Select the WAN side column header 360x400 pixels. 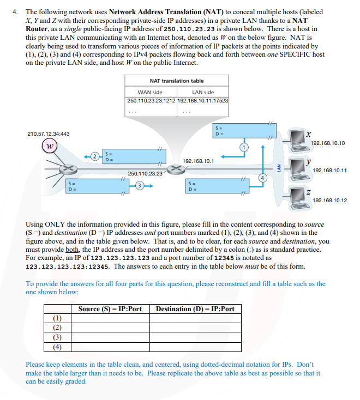click(x=151, y=92)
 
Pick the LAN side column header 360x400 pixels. click(x=203, y=92)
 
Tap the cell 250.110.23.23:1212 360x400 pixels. click(x=152, y=101)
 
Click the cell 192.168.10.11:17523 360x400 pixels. click(x=203, y=101)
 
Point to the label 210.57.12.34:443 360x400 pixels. click(x=49, y=134)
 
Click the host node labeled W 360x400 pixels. click(x=50, y=147)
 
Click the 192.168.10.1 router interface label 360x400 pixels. click(x=198, y=161)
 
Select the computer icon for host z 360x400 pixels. click(x=297, y=195)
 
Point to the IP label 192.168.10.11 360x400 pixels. click(x=329, y=170)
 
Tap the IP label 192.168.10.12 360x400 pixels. click(x=329, y=200)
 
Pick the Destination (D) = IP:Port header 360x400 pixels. click(x=195, y=309)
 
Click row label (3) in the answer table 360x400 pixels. click(x=56, y=337)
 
